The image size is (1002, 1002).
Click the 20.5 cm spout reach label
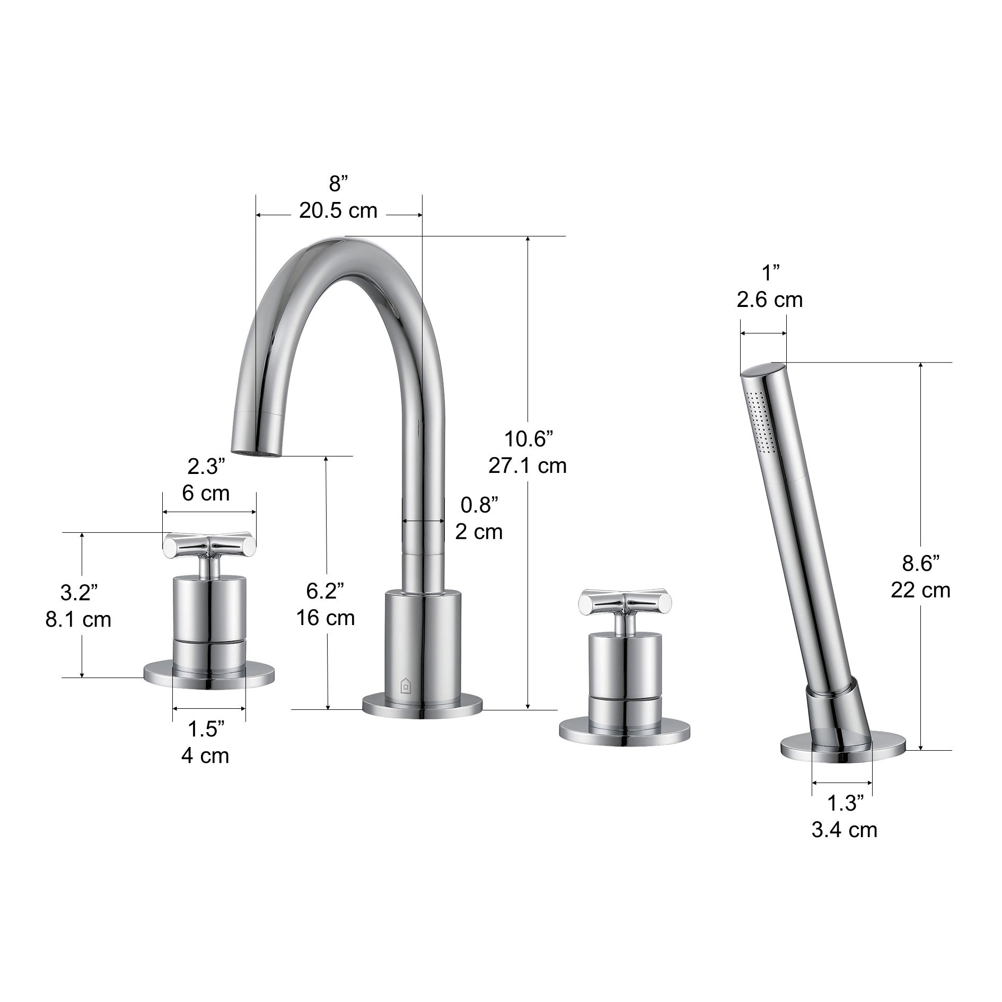coord(338,211)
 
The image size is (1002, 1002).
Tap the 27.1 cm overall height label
coord(527,466)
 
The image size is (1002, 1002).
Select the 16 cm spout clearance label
coord(326,618)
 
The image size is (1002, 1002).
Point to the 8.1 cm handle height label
coord(78,620)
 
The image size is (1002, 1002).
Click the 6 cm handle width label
coord(206,494)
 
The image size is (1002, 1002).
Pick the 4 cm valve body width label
coord(205,755)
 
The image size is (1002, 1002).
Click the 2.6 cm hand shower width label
coord(769,300)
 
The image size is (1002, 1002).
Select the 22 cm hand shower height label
coord(920,590)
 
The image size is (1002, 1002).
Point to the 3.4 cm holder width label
coord(844,830)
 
